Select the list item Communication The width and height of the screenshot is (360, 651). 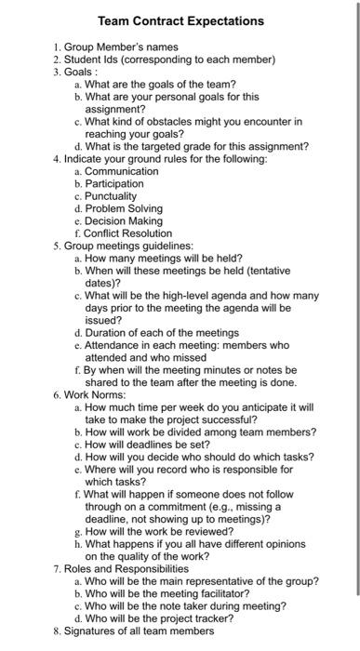click(x=122, y=171)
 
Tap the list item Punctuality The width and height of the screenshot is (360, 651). click(x=111, y=196)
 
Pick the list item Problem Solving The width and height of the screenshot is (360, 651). click(x=124, y=208)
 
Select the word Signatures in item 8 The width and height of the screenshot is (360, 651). click(x=93, y=631)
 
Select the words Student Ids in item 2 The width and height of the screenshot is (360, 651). click(x=94, y=60)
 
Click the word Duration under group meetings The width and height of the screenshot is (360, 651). click(x=108, y=332)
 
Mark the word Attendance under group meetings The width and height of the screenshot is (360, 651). click(x=114, y=345)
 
